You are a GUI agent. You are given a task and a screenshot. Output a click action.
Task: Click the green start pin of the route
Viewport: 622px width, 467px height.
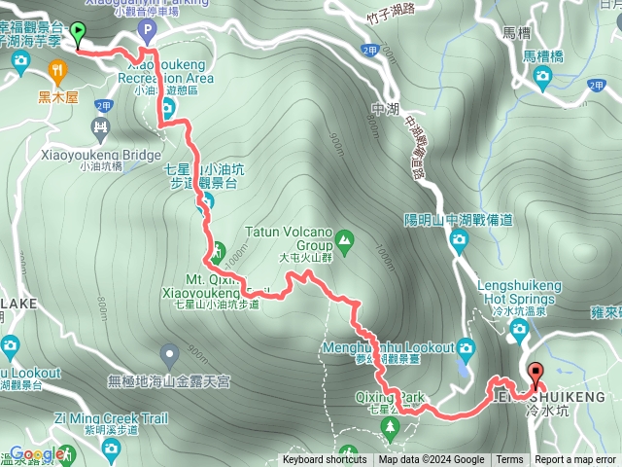78,32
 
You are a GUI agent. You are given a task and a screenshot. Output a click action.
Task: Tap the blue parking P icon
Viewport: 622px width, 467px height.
147,32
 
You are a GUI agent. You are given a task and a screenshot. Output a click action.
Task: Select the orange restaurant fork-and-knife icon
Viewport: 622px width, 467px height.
57,70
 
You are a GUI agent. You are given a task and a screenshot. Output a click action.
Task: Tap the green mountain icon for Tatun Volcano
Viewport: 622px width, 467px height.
345,236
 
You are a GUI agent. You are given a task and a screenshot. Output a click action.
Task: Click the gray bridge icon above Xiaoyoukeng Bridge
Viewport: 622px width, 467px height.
100,126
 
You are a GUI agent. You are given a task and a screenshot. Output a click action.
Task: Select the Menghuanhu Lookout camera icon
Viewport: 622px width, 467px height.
466,347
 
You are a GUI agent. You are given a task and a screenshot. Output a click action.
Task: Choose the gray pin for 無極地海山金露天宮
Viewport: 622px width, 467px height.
170,354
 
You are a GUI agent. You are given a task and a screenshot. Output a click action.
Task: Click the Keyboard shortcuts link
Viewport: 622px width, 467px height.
325,460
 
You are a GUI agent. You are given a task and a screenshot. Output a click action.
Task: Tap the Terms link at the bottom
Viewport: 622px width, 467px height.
508,460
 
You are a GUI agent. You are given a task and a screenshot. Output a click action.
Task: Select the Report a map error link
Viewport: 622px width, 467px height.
575,460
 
